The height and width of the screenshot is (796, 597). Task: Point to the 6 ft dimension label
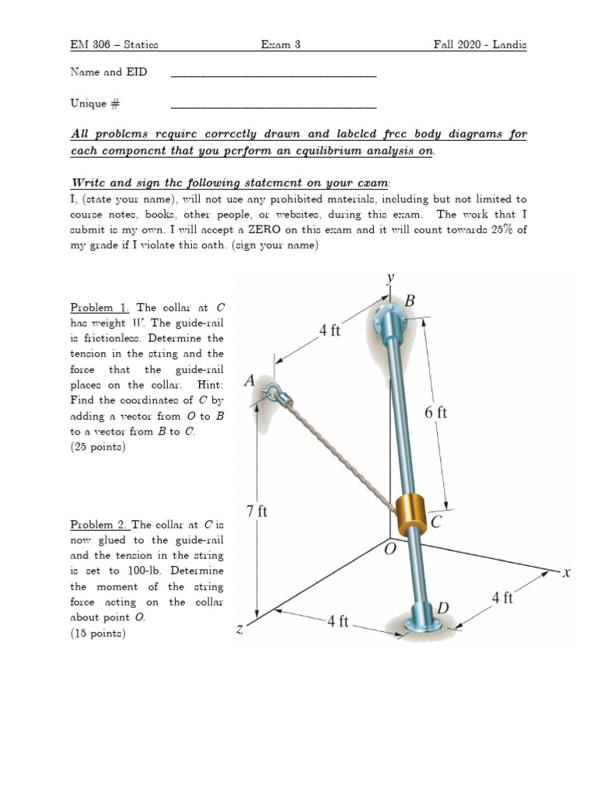click(x=436, y=414)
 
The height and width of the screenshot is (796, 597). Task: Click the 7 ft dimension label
click(x=257, y=511)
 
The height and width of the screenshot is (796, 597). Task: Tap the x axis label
click(x=567, y=573)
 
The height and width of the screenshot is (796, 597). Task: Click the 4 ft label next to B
click(x=330, y=330)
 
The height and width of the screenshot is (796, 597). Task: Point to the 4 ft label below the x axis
click(x=502, y=598)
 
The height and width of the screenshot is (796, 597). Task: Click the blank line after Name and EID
click(x=273, y=75)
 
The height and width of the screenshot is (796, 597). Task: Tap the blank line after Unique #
click(x=273, y=106)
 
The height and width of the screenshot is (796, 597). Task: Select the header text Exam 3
click(x=281, y=46)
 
